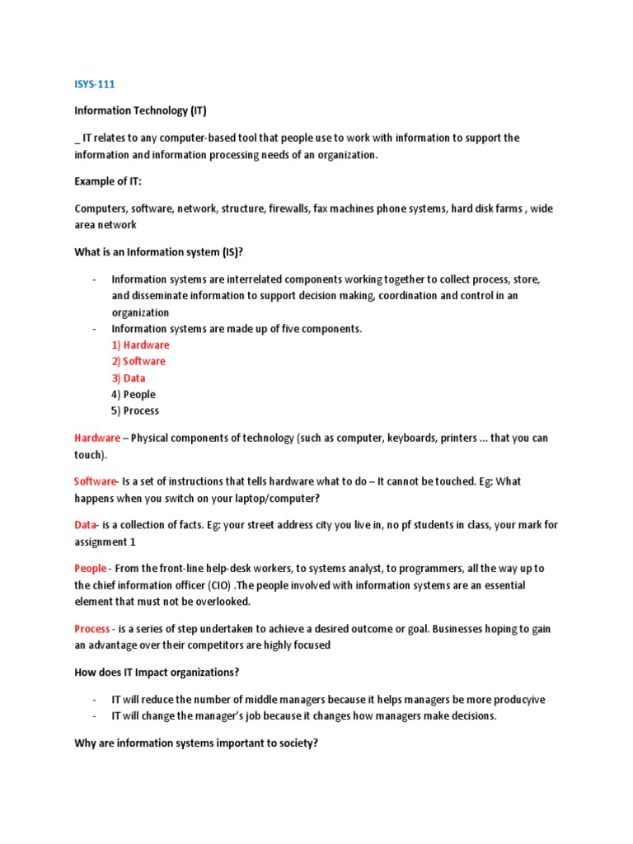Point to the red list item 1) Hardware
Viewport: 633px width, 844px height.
point(140,345)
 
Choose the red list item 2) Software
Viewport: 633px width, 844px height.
point(138,362)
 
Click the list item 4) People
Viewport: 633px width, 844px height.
point(133,395)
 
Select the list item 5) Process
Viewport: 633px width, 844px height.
point(135,411)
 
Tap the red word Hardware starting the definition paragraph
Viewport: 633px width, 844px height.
point(96,438)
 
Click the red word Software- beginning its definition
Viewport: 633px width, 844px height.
point(96,481)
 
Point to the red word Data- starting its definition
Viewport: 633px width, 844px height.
point(87,525)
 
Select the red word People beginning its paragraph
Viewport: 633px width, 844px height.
point(90,569)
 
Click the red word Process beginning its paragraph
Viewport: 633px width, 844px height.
point(91,629)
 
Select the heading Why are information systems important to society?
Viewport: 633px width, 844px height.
point(196,743)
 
